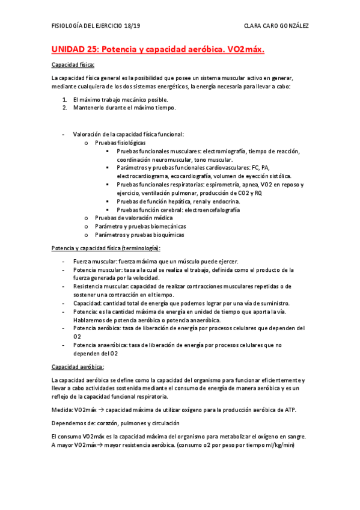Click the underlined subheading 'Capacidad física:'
(73, 65)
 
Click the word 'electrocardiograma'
(142, 176)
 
